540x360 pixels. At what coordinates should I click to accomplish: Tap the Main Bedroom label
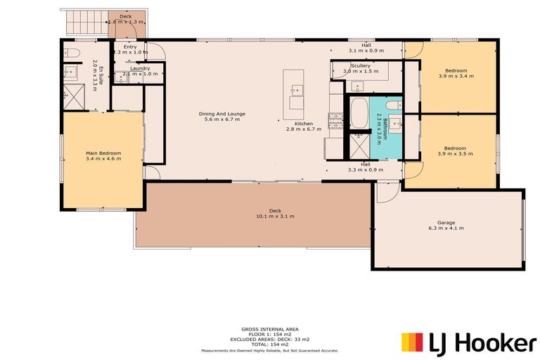point(103,153)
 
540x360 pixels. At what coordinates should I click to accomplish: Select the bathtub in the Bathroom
point(359,114)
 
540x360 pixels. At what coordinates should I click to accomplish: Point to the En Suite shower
point(71,92)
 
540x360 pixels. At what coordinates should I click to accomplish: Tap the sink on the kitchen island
point(297,89)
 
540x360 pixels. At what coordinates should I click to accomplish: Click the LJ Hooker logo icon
point(412,342)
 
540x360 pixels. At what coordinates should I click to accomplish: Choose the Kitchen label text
point(303,123)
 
